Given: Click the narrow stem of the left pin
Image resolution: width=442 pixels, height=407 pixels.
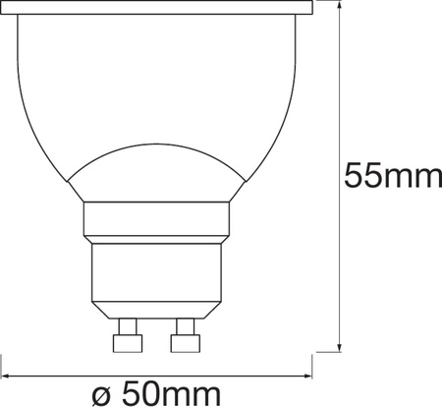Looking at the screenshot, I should (x=124, y=324).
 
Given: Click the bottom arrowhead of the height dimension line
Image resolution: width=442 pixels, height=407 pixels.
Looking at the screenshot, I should (x=339, y=346).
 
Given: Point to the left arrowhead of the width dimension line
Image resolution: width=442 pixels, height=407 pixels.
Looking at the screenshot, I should (x=7, y=375).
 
